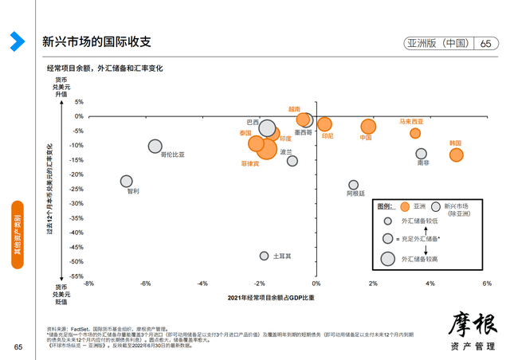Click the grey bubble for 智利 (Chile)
pyautogui.click(x=127, y=182)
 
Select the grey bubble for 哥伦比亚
pyautogui.click(x=155, y=147)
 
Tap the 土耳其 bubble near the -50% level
pyautogui.click(x=264, y=256)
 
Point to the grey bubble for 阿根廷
pyautogui.click(x=354, y=185)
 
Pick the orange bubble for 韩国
pyautogui.click(x=456, y=155)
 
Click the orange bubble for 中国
pyautogui.click(x=368, y=127)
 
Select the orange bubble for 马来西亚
pyautogui.click(x=415, y=133)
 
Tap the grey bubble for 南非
pyautogui.click(x=422, y=154)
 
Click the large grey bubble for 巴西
pyautogui.click(x=268, y=129)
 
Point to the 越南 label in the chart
pyautogui.click(x=295, y=108)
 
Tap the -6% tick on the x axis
pyautogui.click(x=145, y=284)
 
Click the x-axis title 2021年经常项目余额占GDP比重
pyautogui.click(x=271, y=298)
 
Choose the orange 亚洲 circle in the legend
pyautogui.click(x=405, y=206)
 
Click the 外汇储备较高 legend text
pyautogui.click(x=422, y=258)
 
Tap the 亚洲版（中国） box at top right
pyautogui.click(x=437, y=43)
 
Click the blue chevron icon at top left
pyautogui.click(x=17, y=41)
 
